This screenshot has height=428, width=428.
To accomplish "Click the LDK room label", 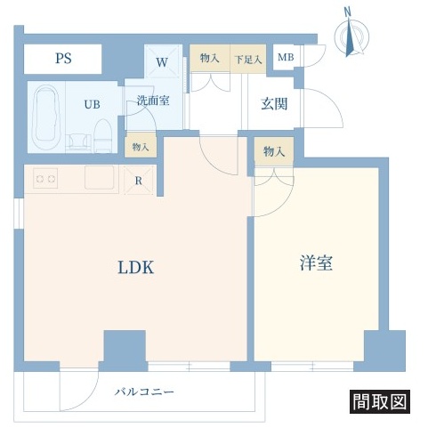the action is [136, 267].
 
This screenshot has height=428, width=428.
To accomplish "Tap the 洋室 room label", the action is [316, 262].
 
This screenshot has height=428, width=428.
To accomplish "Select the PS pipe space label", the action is [63, 59].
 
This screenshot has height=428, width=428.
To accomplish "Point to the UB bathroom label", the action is [92, 104].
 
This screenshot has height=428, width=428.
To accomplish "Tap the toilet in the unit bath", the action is [102, 136].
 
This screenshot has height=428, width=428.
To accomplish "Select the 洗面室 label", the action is [153, 101].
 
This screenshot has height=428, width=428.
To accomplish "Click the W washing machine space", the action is [163, 61].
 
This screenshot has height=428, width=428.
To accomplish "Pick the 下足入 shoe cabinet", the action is [248, 59].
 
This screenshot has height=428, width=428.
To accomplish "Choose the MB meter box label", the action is [286, 57].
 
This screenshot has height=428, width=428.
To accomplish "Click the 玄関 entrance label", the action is [274, 104].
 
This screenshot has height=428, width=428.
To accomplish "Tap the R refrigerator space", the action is [139, 181].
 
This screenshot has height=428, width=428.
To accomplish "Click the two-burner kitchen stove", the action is [45, 179].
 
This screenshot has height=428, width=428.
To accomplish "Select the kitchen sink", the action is [99, 177].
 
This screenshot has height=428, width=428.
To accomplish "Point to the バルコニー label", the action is [144, 392].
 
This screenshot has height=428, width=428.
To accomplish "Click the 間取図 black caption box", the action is [380, 402].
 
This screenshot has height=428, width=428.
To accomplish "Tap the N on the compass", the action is [347, 12].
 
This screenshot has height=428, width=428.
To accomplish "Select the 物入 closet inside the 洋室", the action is [274, 151].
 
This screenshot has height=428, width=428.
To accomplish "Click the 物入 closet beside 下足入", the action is [210, 58].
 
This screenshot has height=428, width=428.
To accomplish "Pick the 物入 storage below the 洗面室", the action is [141, 146].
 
